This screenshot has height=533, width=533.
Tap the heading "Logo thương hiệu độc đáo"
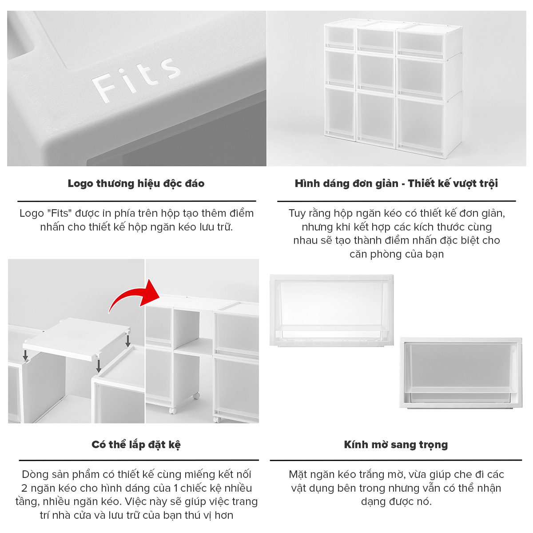coord(136,183)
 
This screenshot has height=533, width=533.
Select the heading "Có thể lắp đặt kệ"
coord(136,445)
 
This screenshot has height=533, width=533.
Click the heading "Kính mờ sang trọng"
coord(396,445)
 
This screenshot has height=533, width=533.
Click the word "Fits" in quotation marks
coord(60,213)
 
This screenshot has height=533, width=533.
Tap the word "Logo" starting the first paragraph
coord(31,214)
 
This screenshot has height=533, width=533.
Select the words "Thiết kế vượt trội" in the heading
coord(453,183)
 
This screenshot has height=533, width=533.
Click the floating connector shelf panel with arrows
coord(76,339)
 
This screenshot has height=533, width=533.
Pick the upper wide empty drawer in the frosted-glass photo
coord(332,310)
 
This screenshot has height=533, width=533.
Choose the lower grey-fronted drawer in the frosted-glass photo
coord(461,373)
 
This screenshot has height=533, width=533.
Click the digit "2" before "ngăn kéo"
coord(24,488)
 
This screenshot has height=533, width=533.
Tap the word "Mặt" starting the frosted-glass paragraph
coord(298,475)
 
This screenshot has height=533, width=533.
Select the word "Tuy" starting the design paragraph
coord(297,214)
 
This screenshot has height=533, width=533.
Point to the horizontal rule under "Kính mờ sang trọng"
coord(396,461)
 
